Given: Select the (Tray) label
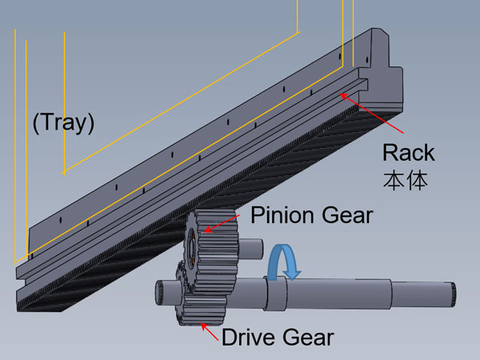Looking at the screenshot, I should point(63,123).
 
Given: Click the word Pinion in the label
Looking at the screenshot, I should point(279,216).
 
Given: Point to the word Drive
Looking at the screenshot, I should point(251,337).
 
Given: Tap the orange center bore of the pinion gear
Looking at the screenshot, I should point(194,243).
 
